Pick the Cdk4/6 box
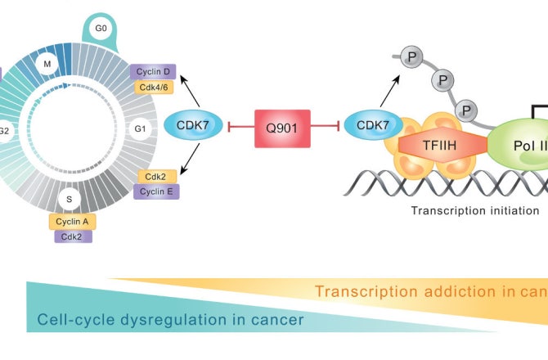[153, 86]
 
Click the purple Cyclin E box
[157, 192]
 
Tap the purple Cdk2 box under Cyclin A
[74, 236]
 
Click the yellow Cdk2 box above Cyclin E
[156, 177]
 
